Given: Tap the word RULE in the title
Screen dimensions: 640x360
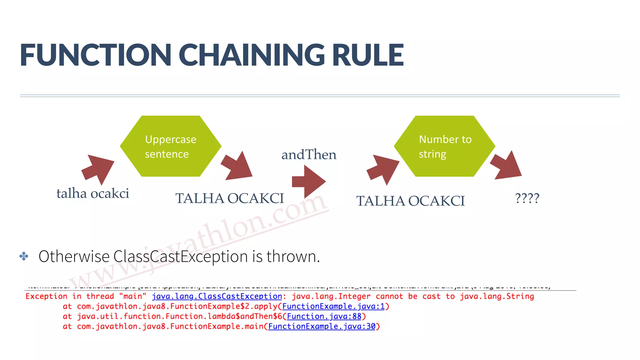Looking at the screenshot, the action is click(x=368, y=55).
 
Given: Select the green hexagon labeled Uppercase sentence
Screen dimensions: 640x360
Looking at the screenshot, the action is click(x=171, y=146).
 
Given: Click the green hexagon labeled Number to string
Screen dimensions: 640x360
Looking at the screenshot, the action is click(x=445, y=146).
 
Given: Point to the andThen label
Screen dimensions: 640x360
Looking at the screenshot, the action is click(x=309, y=155).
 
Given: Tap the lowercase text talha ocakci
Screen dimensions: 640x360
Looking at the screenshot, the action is click(x=93, y=193).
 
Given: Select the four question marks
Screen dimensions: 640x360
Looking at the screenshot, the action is click(x=527, y=198).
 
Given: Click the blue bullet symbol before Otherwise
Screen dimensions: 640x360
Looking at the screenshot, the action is click(x=24, y=257).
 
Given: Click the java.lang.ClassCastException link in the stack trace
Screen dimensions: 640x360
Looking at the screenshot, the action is click(x=217, y=296).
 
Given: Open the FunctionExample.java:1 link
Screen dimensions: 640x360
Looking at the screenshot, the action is click(x=333, y=306).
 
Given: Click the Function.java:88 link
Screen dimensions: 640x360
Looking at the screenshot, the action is click(x=324, y=316).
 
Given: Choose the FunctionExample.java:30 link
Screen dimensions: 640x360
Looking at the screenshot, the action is click(x=322, y=326).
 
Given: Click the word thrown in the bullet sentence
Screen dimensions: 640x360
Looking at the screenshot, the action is click(x=293, y=257).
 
